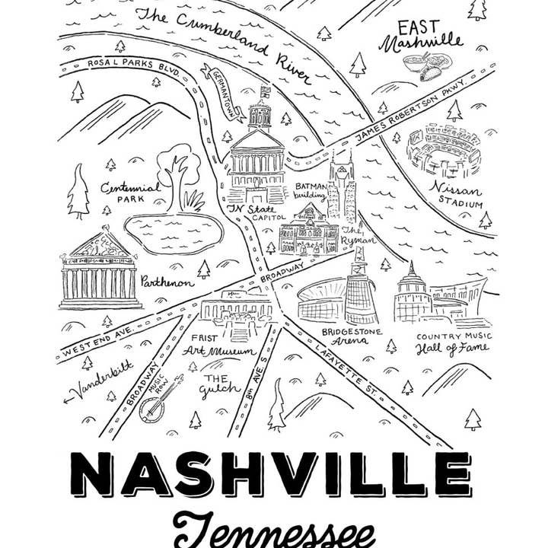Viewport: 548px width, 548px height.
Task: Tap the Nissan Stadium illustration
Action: (444, 151)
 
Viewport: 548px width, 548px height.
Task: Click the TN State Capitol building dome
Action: (260, 114)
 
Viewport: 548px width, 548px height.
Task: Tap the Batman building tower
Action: (340, 186)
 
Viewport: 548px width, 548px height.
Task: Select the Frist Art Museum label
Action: (212, 344)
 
